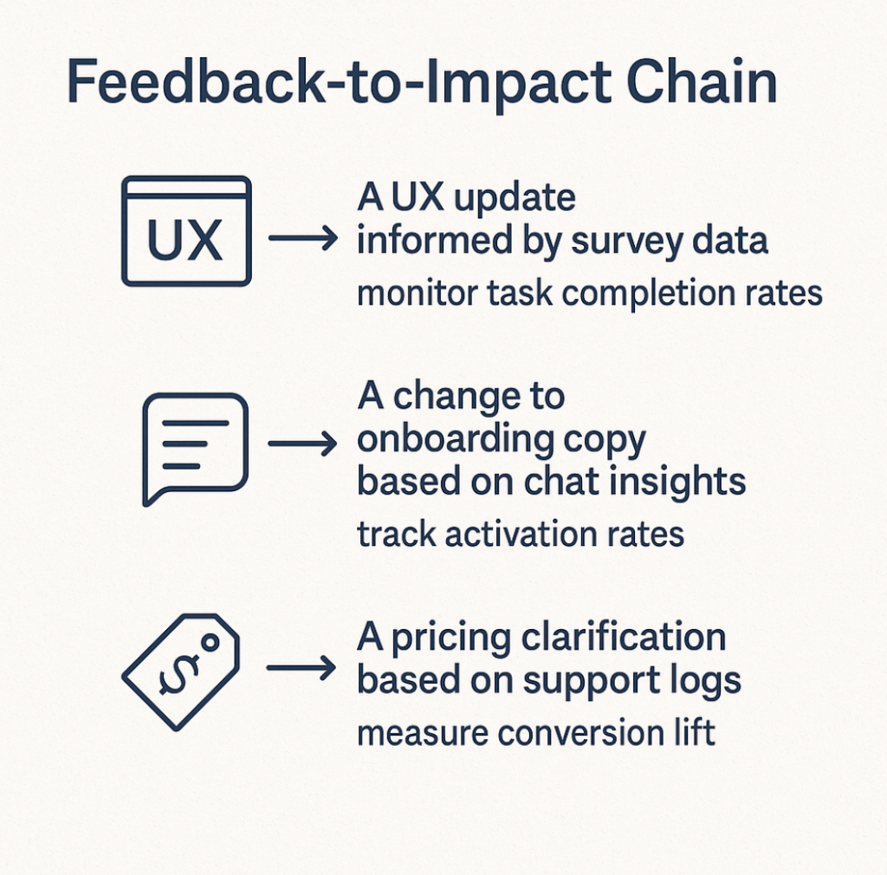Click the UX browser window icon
coord(186,230)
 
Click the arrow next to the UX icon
coord(302,238)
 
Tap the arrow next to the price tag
coord(302,667)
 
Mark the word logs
coord(709,682)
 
